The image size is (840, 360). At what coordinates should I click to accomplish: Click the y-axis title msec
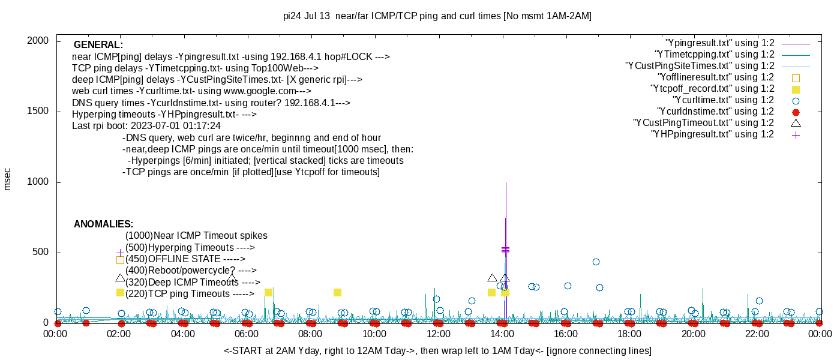coord(8,179)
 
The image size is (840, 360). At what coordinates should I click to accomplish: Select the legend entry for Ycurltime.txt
coord(723,100)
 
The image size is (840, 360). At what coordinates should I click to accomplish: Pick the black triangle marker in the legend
coord(796,123)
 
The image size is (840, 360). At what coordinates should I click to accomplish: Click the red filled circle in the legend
coord(796,112)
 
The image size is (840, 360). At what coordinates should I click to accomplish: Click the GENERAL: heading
coord(98,45)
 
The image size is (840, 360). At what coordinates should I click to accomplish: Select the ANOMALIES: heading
coord(103,224)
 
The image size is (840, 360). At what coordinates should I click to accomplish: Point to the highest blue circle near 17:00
coord(596,262)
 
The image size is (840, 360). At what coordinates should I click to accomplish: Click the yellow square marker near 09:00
coord(337,292)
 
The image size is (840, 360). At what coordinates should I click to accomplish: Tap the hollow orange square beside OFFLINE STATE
coord(120,260)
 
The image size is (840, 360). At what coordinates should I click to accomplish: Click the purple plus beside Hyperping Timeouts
coord(120,253)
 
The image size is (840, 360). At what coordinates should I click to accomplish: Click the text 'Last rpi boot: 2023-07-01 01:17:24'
coord(146,126)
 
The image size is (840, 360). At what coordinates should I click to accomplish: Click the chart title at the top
coord(437,16)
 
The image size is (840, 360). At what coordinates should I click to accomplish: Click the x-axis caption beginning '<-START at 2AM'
coord(437,350)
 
